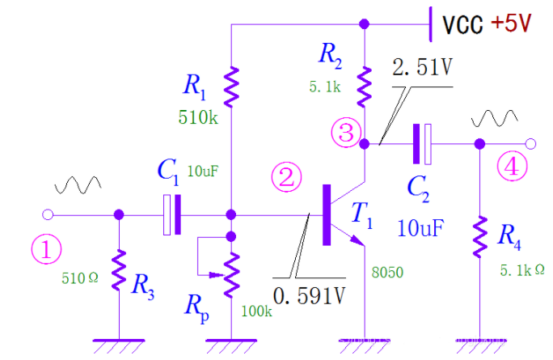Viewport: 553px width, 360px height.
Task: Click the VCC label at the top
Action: (464, 24)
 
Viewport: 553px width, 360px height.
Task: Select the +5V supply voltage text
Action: (511, 23)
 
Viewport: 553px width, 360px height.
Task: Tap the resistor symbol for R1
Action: (231, 87)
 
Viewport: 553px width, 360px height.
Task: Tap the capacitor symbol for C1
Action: (172, 214)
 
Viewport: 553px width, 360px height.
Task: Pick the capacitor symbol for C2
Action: (422, 143)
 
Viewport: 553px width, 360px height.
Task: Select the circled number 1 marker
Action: (46, 249)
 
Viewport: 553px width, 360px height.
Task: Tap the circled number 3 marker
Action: (346, 133)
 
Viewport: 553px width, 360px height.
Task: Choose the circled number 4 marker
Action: (516, 167)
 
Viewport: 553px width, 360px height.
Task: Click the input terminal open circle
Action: (47, 214)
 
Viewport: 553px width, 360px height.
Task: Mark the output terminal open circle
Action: (530, 143)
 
